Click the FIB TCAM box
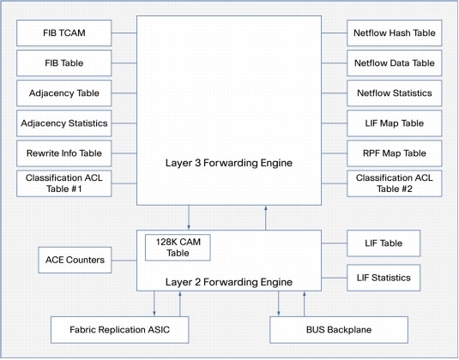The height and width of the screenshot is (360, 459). click(64, 33)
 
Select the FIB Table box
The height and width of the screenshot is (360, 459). click(64, 63)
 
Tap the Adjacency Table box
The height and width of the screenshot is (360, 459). click(64, 93)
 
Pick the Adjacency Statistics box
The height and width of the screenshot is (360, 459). click(64, 123)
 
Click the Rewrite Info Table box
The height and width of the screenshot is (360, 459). click(64, 153)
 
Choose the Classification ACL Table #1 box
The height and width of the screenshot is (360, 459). click(64, 183)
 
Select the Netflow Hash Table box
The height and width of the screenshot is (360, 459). click(395, 34)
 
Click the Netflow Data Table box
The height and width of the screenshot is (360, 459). click(395, 63)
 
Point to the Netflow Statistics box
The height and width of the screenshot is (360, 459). click(395, 93)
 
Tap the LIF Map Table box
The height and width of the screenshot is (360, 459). click(395, 123)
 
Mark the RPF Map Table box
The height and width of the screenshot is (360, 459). click(395, 153)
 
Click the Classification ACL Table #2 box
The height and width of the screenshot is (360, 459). click(395, 183)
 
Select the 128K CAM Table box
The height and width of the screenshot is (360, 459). click(178, 248)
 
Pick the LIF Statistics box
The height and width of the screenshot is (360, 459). click(384, 278)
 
